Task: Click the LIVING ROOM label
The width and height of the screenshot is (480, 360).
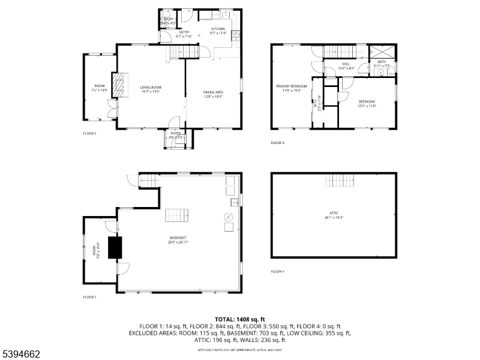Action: (151, 88)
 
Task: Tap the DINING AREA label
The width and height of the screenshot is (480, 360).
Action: (212, 92)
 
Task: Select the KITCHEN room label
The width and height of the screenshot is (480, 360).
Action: (218, 29)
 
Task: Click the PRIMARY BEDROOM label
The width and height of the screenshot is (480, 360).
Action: (291, 86)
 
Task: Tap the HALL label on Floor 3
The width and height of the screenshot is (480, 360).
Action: (346, 63)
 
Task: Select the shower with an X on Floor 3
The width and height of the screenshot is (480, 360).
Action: (382, 51)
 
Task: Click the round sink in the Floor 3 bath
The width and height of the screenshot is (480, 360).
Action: (380, 72)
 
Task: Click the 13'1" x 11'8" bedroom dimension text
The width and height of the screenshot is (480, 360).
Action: (367, 106)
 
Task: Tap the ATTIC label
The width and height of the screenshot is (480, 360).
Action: (334, 213)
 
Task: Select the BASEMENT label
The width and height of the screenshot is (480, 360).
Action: (178, 238)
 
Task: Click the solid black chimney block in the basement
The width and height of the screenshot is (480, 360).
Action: (115, 247)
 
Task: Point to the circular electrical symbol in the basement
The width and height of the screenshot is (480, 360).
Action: (228, 217)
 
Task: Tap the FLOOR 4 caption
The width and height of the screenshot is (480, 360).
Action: (277, 272)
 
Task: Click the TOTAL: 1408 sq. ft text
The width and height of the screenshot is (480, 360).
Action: (239, 320)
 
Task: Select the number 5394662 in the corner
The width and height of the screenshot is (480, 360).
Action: (21, 347)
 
